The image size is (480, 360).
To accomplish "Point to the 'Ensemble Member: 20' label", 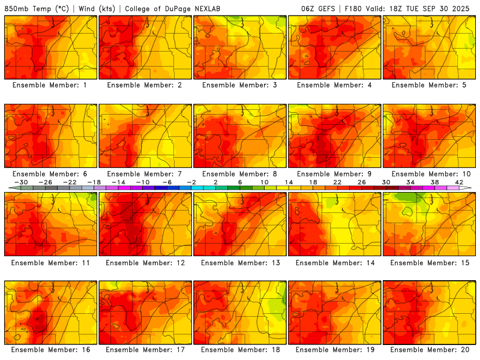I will tap(430, 350).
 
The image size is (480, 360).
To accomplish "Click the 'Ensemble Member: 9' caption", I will tap(334, 174).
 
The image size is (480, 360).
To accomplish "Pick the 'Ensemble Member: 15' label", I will tap(430, 262).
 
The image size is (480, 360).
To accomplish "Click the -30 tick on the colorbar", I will tap(21, 182).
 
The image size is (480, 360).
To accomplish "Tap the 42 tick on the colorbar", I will tap(459, 182).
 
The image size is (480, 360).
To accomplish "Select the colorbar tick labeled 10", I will tap(265, 182).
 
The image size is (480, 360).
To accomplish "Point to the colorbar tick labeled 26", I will tap(362, 182).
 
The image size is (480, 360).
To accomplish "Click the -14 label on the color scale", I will tap(118, 182).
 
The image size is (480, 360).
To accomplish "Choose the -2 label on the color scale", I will tap(191, 182).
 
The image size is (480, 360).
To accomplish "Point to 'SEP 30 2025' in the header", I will tap(450, 9).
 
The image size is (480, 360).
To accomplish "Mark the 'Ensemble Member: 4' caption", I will tap(334, 85).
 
